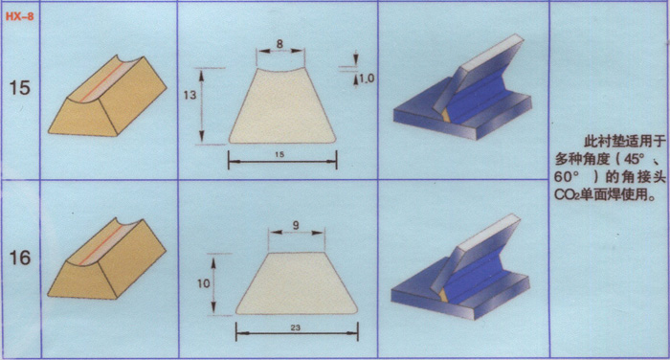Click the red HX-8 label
(x=19, y=17)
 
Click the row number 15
(x=19, y=88)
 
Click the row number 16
(x=20, y=258)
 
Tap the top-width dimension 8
(x=279, y=44)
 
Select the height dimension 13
(x=190, y=95)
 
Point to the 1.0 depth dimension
(x=366, y=79)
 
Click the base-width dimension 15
(x=279, y=154)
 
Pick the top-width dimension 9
(x=296, y=225)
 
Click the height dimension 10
(x=203, y=283)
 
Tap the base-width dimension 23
(x=295, y=327)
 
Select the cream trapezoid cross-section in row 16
(x=297, y=284)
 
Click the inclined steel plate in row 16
(x=477, y=256)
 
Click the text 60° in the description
(x=567, y=176)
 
